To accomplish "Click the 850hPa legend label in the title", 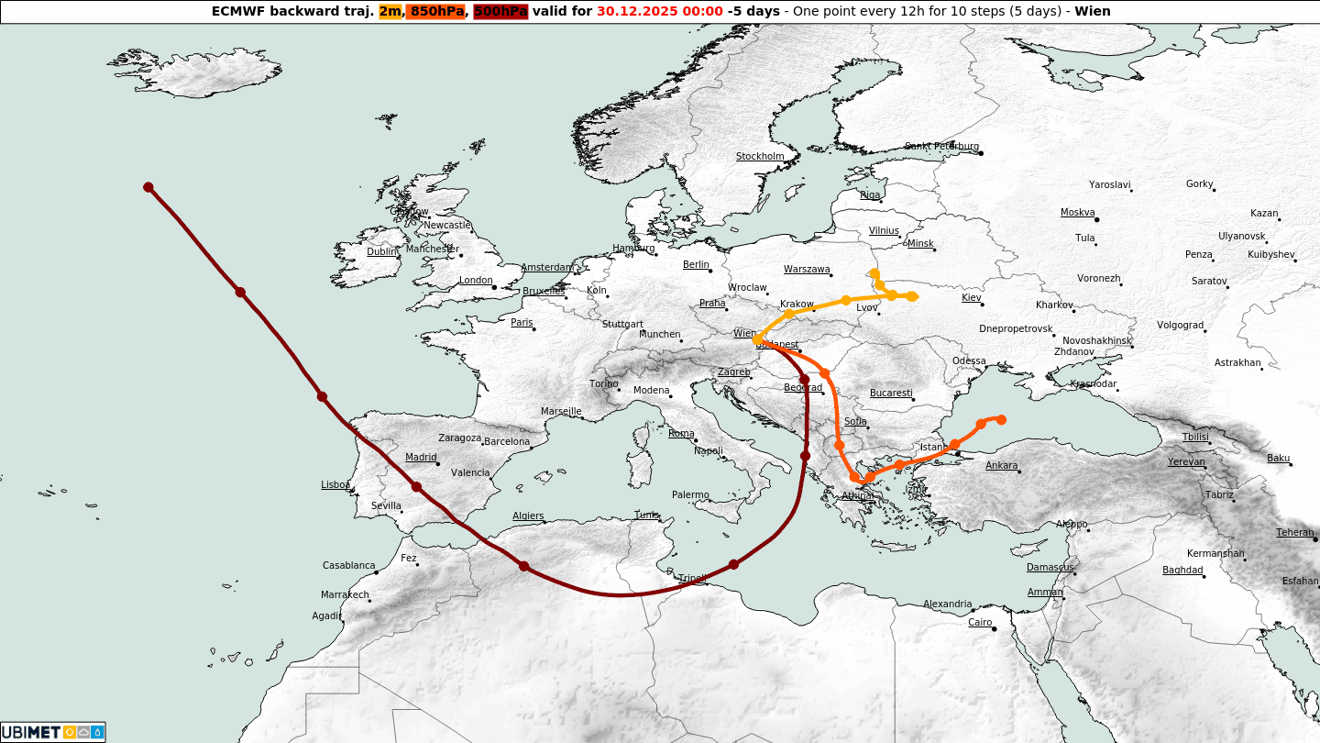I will (437, 12).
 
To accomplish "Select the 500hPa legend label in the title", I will (500, 12).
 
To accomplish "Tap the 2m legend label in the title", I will (390, 12).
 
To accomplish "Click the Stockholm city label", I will (760, 156).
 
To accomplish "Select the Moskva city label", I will (1077, 213).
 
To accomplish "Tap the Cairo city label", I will (980, 623).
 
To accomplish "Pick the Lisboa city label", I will (335, 484).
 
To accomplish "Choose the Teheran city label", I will (1294, 533).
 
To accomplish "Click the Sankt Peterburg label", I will (941, 147).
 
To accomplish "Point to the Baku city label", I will (1278, 459).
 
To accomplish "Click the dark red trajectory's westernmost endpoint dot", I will (148, 187).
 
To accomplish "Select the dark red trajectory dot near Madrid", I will (416, 487).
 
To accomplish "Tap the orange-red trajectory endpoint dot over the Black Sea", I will (1001, 419).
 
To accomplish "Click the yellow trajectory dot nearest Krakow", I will (788, 314).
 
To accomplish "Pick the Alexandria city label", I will (947, 604).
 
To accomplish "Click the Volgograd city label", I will (1180, 326).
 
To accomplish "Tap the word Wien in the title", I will (1093, 12).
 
